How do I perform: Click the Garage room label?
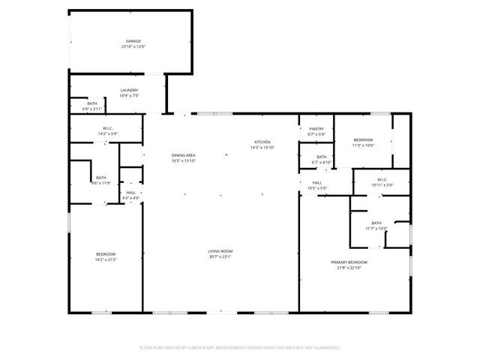point(133,41)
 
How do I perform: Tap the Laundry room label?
point(129,90)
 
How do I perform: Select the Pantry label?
point(316,129)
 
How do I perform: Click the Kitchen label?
point(262,142)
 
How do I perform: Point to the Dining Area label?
point(184,155)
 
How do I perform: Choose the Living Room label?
point(220,251)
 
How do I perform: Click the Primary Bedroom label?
point(349,262)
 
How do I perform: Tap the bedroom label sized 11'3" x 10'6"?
point(363,140)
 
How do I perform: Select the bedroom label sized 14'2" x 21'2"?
point(106,255)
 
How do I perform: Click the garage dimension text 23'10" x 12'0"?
point(133,46)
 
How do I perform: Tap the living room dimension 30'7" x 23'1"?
point(220,256)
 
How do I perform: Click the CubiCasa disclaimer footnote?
point(240,348)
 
